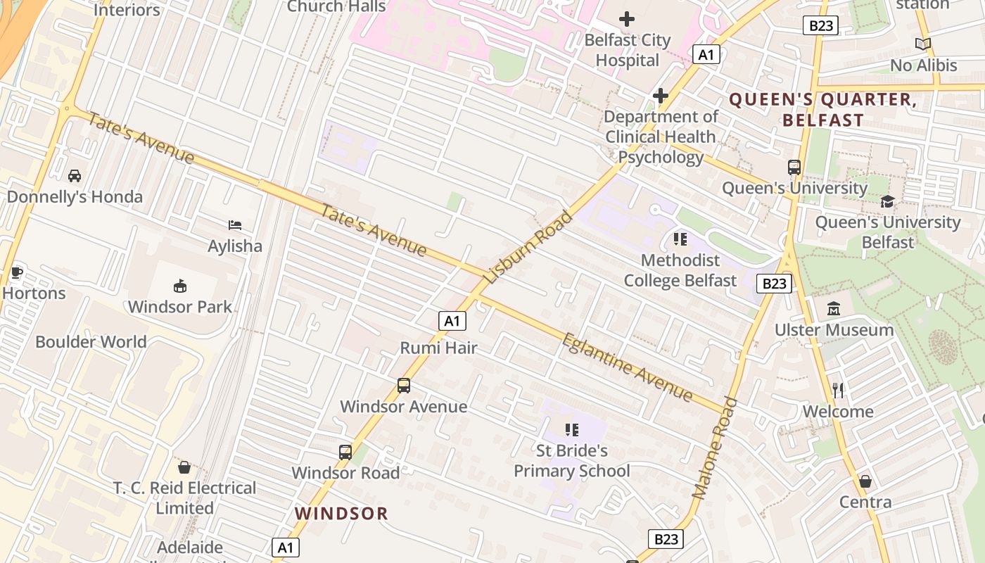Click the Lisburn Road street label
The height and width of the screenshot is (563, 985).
click(530, 248)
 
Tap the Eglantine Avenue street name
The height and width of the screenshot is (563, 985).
click(627, 367)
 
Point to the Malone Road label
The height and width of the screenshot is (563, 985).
click(715, 448)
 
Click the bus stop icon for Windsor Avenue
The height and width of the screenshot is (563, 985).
click(403, 386)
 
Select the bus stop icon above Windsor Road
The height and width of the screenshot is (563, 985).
click(345, 452)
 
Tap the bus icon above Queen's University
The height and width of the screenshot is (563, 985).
click(794, 167)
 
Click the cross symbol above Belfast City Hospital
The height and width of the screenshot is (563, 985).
click(626, 19)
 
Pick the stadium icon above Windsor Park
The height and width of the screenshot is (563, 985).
click(180, 286)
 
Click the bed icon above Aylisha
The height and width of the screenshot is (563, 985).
click(235, 225)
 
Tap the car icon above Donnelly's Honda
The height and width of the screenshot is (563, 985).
click(75, 176)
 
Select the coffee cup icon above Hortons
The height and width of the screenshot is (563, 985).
click(17, 272)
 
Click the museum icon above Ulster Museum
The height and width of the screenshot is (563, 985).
click(834, 309)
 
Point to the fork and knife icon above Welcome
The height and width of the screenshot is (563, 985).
click(837, 391)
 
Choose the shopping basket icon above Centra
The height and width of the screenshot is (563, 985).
click(865, 481)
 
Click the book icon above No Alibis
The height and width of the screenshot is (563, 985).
click(922, 44)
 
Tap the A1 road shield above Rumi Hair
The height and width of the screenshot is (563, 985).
click(452, 322)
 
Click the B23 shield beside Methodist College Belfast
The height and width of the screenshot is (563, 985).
click(774, 284)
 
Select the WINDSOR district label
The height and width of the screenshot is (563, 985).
click(341, 514)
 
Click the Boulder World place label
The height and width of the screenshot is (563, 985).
click(91, 342)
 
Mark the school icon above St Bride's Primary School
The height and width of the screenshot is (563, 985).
click(571, 429)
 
